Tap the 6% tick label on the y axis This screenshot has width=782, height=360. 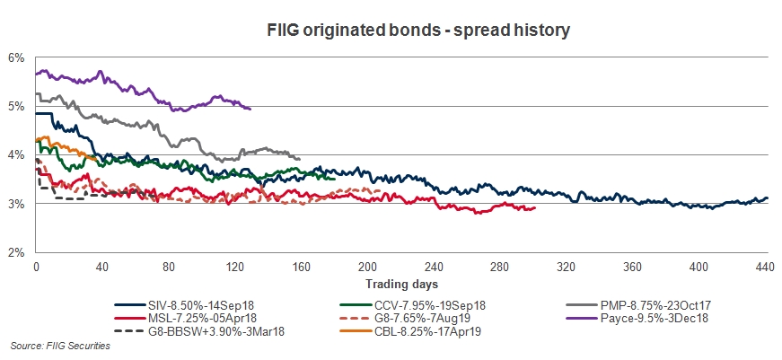[x=15, y=57]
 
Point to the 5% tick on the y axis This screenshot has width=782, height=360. [x=15, y=106]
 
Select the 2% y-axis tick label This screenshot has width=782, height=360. [x=15, y=252]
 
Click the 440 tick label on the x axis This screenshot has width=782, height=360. [x=765, y=267]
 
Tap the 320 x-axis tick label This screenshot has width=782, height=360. [x=566, y=267]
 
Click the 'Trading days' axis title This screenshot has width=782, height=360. [x=400, y=285]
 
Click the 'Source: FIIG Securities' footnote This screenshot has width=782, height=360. [x=59, y=346]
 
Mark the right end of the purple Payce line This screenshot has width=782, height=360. [x=250, y=109]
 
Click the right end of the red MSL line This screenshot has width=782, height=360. [x=535, y=208]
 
